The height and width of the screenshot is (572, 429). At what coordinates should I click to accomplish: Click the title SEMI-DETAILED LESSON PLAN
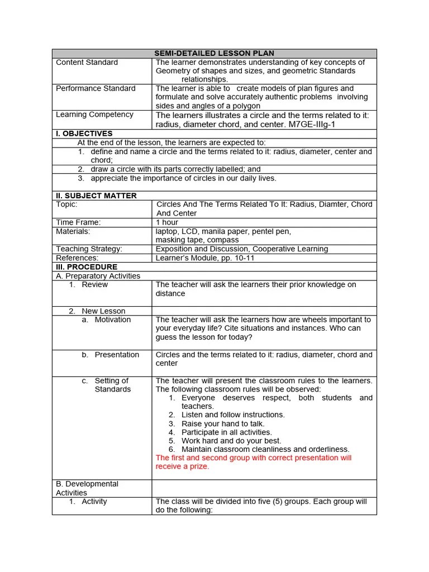coord(214,53)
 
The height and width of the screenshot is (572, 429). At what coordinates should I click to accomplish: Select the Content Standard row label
coord(87,62)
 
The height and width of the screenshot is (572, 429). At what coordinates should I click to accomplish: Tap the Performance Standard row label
coord(96,88)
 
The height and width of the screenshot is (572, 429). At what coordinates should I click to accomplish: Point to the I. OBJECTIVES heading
coord(84,134)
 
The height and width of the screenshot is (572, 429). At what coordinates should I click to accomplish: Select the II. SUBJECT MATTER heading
coord(96,196)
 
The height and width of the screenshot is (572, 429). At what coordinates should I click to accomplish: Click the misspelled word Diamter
coord(333,204)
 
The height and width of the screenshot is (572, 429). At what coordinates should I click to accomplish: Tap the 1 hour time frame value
coord(167,222)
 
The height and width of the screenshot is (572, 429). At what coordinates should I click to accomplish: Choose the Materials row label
coord(73,231)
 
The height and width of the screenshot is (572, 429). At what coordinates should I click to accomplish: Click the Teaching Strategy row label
coord(89,249)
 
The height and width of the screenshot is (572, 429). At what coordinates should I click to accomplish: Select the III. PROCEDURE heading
coord(87,267)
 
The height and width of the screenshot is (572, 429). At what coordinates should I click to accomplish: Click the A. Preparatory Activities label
coord(98,276)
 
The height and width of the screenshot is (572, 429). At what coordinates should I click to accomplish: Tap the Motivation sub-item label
coord(112,320)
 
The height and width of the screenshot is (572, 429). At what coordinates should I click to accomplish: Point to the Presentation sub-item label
coord(117,355)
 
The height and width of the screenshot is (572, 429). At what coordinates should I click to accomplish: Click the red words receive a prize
coord(183,466)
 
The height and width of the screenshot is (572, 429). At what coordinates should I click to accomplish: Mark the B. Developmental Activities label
coord(87,488)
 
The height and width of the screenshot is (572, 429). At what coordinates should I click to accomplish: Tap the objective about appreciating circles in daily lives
coord(183,178)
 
